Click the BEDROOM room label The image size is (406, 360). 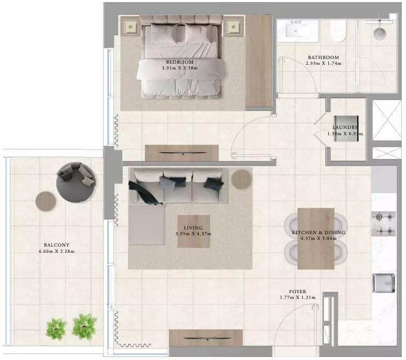click(179, 62)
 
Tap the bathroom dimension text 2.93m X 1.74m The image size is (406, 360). click(323, 63)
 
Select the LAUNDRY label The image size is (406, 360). click(345, 127)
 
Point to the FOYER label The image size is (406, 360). click(297, 292)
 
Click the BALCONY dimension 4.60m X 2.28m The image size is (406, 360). click(56, 251)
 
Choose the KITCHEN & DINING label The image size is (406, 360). click(318, 233)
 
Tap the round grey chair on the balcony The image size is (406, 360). click(76, 182)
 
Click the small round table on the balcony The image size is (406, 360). click(46, 201)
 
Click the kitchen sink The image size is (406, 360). click(384, 283)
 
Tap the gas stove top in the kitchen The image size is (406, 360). click(383, 224)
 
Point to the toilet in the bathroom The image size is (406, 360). click(338, 31)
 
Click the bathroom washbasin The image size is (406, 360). click(297, 31)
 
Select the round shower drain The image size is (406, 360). click(380, 33)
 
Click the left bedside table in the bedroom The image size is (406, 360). click(130, 26)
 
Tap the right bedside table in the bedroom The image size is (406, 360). click(234, 26)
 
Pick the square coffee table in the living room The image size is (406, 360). click(194, 231)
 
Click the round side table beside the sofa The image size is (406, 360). click(241, 178)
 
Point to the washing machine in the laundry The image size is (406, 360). click(346, 128)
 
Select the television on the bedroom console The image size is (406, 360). click(183, 152)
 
